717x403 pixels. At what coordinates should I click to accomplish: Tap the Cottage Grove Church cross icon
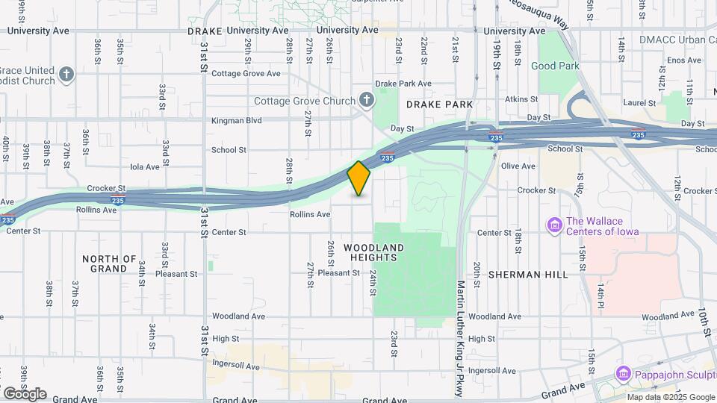click(367, 99)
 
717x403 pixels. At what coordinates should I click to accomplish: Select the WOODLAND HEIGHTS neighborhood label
click(373, 252)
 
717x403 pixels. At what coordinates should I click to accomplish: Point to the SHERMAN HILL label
click(528, 275)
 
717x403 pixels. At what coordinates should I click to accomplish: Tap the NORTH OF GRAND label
click(110, 263)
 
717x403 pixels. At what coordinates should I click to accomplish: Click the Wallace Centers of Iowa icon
click(554, 225)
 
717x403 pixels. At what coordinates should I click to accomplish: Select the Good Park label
click(555, 66)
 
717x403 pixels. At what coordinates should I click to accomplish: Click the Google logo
click(25, 393)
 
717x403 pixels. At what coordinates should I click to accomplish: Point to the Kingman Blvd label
click(237, 119)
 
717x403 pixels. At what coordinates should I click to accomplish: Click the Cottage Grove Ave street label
click(246, 74)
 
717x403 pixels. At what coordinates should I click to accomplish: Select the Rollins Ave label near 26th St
click(310, 214)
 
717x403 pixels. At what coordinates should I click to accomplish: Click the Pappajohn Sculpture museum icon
click(624, 372)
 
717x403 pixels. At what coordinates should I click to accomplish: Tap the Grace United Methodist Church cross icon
click(67, 74)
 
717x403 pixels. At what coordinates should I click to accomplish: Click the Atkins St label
click(521, 99)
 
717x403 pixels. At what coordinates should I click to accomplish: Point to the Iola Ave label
click(145, 167)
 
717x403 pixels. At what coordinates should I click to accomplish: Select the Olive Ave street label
click(518, 166)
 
